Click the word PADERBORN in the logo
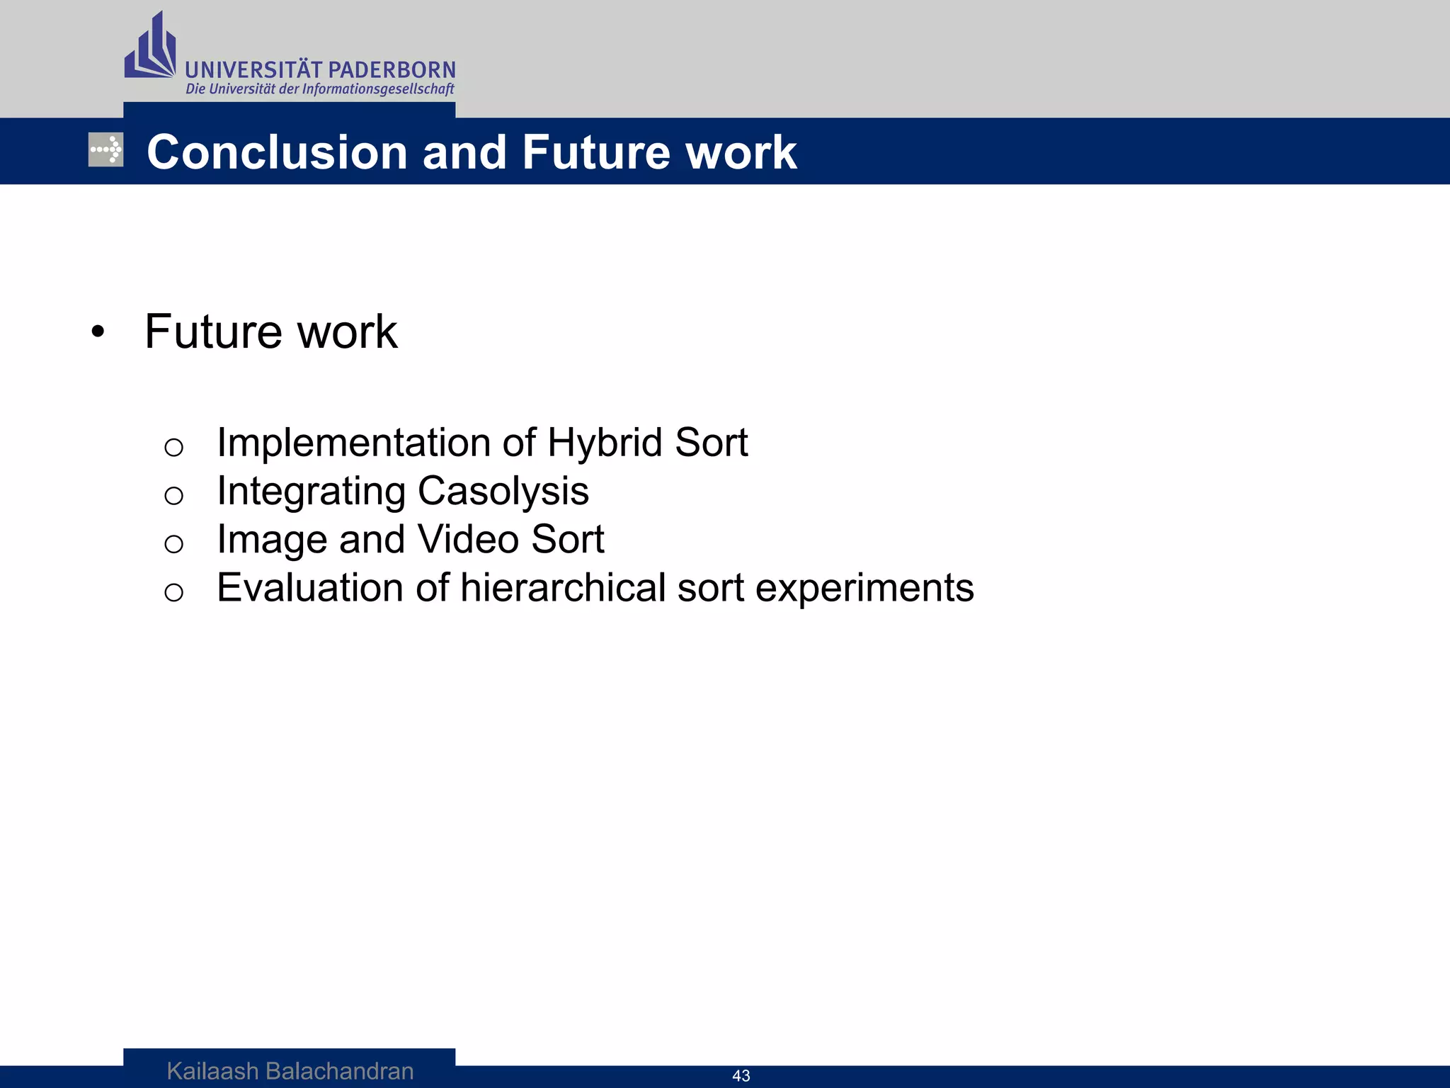(x=392, y=70)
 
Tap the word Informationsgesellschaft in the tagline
(x=378, y=89)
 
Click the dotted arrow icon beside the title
(x=106, y=149)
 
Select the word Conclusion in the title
(x=277, y=152)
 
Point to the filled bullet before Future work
(x=98, y=332)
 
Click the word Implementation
(x=353, y=443)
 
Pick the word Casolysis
(x=503, y=491)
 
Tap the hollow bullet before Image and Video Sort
(x=173, y=544)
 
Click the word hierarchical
(x=563, y=588)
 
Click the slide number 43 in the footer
(x=741, y=1076)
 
